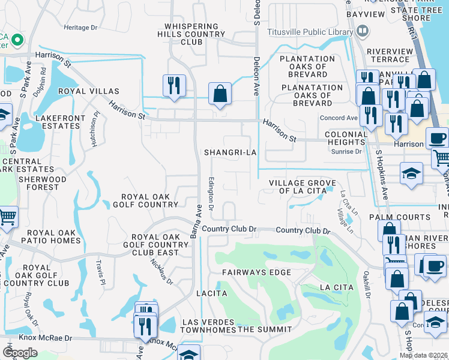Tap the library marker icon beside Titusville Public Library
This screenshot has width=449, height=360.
point(362,30)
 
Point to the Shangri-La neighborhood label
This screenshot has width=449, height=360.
point(231,152)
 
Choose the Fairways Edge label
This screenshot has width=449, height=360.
point(256,272)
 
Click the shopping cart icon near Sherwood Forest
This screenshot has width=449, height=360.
point(7,216)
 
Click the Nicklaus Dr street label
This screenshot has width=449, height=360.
point(166,277)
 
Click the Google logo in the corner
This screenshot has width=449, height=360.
point(20,353)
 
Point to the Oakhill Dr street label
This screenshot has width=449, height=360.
point(366,286)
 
